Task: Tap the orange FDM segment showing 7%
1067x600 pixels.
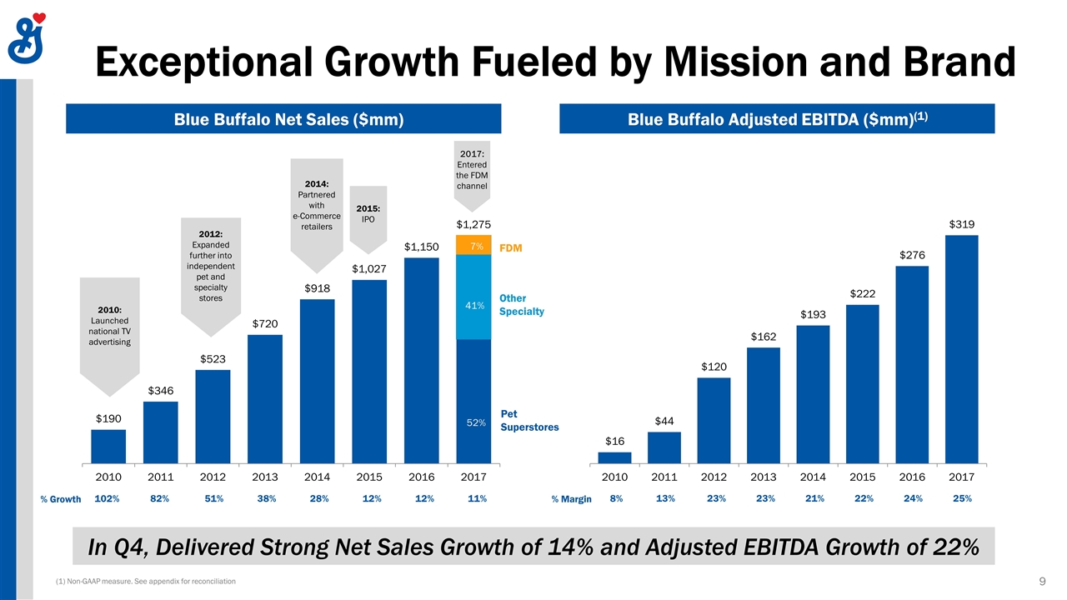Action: [473, 245]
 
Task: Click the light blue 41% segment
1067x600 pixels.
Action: [473, 297]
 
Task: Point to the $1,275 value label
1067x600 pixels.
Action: [473, 224]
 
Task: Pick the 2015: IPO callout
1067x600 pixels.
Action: [368, 213]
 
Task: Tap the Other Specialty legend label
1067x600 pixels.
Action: [521, 304]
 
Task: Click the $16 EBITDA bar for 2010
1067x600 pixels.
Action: [614, 457]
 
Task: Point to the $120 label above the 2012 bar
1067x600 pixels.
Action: [714, 367]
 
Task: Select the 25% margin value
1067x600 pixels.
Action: [961, 498]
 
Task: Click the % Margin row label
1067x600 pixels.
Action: [571, 499]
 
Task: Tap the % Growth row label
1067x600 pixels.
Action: [61, 499]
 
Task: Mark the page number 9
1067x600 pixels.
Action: [1043, 580]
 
